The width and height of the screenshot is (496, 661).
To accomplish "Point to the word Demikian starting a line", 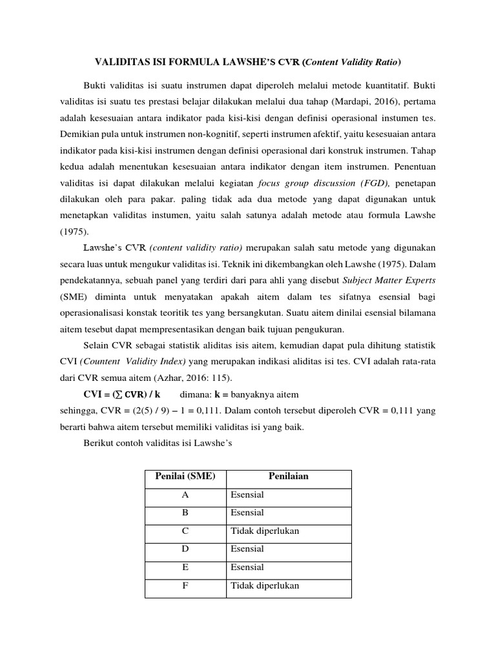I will coord(79,136).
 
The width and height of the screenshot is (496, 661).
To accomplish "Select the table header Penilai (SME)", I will coord(185,477).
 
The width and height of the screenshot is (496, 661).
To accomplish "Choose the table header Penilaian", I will coord(288,477).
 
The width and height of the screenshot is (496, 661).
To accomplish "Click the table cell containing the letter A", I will coord(185,495).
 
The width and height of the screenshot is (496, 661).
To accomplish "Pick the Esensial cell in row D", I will coord(247,549).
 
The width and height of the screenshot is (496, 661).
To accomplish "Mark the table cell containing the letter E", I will coord(185,567).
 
